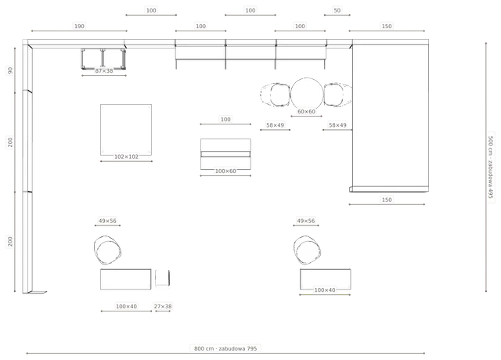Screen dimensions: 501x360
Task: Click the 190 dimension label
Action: pyautogui.click(x=79, y=26)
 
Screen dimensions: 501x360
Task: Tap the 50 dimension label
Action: pyautogui.click(x=337, y=10)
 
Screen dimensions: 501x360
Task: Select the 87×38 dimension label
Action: pyautogui.click(x=104, y=70)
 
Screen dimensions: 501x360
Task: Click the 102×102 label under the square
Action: pyautogui.click(x=126, y=157)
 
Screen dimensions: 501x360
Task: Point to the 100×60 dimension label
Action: pyautogui.click(x=225, y=171)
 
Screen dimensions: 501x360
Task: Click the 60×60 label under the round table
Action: pyautogui.click(x=306, y=111)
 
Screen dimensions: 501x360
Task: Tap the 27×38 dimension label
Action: pyautogui.click(x=163, y=306)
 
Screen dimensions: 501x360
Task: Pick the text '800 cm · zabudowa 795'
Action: pyautogui.click(x=225, y=348)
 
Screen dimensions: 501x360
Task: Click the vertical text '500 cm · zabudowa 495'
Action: pyautogui.click(x=491, y=167)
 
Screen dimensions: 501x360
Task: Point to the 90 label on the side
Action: pyautogui.click(x=10, y=70)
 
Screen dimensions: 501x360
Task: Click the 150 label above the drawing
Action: pyautogui.click(x=387, y=26)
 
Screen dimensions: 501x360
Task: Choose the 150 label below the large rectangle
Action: pyautogui.click(x=387, y=200)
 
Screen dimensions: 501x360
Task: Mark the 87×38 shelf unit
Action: pyautogui.click(x=103, y=59)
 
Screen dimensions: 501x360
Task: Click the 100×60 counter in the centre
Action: pyautogui.click(x=225, y=154)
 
